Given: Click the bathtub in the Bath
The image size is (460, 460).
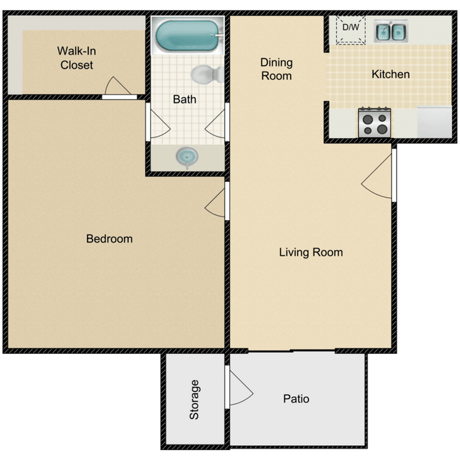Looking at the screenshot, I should point(188,35).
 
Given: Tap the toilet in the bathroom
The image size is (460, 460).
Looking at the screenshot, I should point(205,74).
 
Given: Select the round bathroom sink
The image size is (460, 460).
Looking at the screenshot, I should point(187,155).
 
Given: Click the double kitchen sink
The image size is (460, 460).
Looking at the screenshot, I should point(390,31).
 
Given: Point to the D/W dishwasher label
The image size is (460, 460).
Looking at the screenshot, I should point(350,28).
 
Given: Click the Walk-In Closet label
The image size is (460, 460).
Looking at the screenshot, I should point(76,58).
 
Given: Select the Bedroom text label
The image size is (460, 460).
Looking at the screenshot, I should point(109,239).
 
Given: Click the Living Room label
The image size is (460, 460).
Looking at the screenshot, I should point(311,252).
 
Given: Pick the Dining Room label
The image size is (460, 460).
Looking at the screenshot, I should point(276,69).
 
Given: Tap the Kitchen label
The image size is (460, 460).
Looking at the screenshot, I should point(391,74).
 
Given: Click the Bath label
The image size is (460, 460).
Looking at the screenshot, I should point(185,99).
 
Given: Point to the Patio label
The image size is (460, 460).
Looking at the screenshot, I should point(296,399).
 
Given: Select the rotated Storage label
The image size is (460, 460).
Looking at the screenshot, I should point(195,400).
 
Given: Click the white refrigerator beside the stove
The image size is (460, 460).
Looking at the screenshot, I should point(434,122).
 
